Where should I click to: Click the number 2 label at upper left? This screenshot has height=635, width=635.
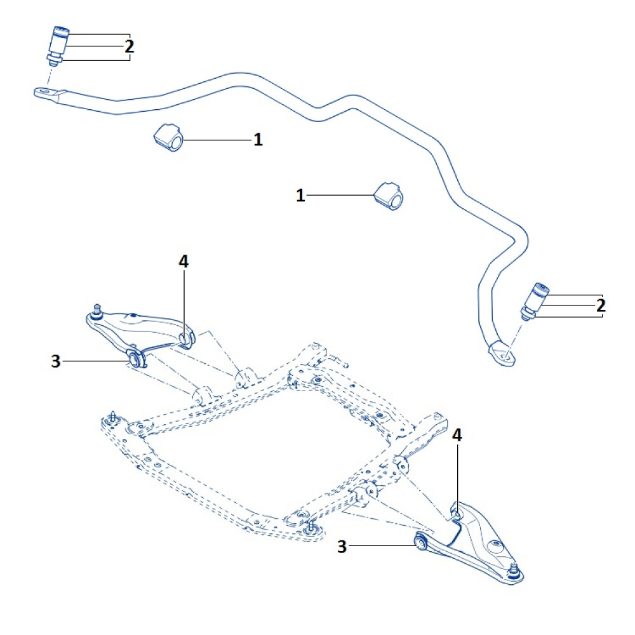pyautogui.click(x=129, y=46)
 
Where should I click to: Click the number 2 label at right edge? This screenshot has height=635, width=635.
pyautogui.click(x=601, y=305)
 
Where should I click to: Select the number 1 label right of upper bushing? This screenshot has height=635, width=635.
pyautogui.click(x=258, y=140)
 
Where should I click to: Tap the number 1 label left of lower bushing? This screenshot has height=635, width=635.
pyautogui.click(x=300, y=196)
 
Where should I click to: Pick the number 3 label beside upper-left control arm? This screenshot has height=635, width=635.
pyautogui.click(x=56, y=361)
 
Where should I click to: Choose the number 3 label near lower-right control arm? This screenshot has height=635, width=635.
pyautogui.click(x=342, y=546)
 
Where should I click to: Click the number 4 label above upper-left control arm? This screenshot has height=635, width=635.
pyautogui.click(x=184, y=261)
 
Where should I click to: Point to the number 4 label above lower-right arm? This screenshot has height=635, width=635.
pyautogui.click(x=457, y=436)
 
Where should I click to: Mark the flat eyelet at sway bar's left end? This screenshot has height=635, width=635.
pyautogui.click(x=45, y=93)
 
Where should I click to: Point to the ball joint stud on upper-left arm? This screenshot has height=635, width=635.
pyautogui.click(x=97, y=311)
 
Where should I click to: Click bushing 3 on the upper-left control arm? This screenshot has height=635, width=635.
pyautogui.click(x=135, y=359)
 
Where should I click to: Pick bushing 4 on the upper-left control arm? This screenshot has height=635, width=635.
pyautogui.click(x=186, y=338)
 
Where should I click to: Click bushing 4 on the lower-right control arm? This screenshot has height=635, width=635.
pyautogui.click(x=455, y=511)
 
